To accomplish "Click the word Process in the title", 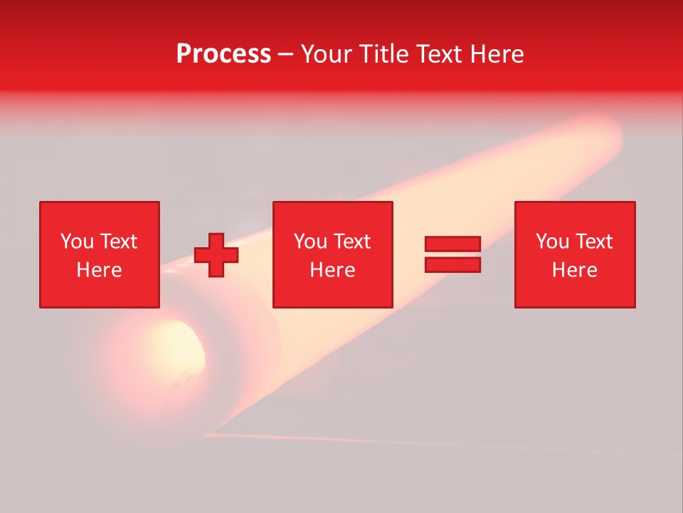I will [x=223, y=53].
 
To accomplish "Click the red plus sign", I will [x=216, y=255].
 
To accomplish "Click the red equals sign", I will [x=452, y=254].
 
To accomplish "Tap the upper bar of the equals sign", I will [x=452, y=244].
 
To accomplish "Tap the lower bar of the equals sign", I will [x=452, y=264].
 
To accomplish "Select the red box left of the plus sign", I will [x=99, y=254].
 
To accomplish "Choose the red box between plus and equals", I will [x=333, y=254].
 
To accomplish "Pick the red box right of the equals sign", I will [x=574, y=254].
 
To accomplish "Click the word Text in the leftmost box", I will [x=118, y=242].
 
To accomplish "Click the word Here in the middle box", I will [x=333, y=270].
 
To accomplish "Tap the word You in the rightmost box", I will [x=552, y=242].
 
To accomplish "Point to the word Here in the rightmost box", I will [x=574, y=270].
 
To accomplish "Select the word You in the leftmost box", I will [x=77, y=242].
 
